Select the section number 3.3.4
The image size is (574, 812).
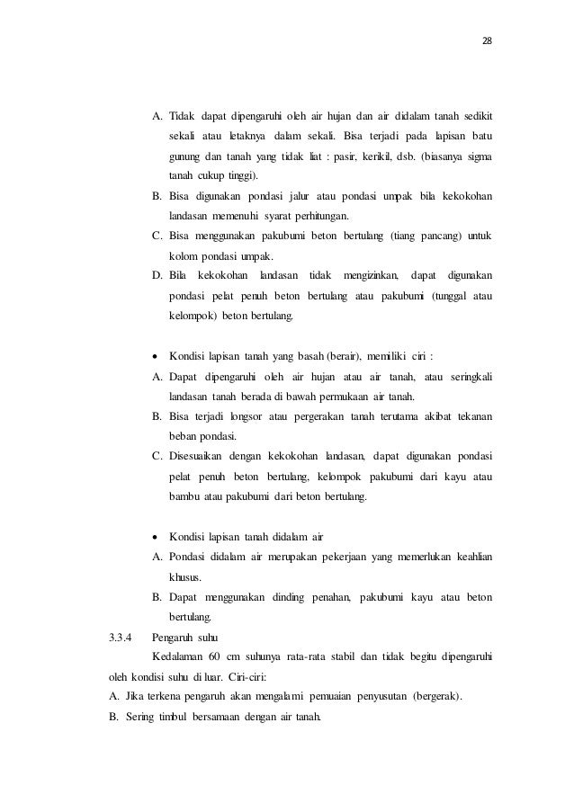point(121,639)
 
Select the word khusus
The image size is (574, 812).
point(185,576)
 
